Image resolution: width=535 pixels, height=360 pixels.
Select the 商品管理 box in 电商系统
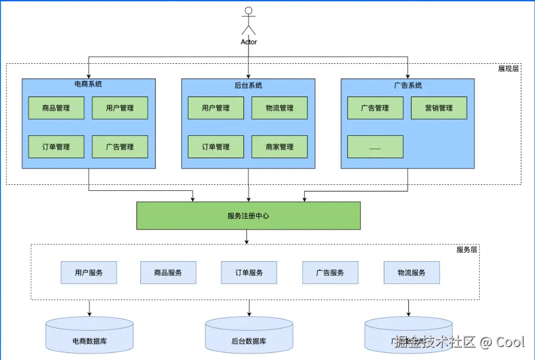(56, 108)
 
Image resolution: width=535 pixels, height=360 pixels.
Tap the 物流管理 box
(280, 108)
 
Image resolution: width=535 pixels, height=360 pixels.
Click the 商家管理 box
(280, 147)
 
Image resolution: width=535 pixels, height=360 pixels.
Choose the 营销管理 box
(439, 108)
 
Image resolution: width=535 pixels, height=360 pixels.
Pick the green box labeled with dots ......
(375, 147)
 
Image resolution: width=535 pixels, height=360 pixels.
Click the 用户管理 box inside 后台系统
(216, 108)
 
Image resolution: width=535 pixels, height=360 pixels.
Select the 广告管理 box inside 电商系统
(120, 147)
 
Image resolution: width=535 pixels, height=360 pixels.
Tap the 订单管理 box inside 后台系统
(216, 147)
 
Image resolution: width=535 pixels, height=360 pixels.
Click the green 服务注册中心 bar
(248, 215)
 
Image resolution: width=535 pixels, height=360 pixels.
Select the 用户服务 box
(89, 273)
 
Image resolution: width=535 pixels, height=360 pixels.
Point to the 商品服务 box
(168, 273)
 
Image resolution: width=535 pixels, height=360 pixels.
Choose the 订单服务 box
(249, 273)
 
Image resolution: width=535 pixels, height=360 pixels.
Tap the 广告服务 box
(330, 273)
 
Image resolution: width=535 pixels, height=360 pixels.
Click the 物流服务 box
(412, 273)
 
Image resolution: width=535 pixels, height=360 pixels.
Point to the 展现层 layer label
(508, 69)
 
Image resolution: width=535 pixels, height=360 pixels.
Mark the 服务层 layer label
(467, 250)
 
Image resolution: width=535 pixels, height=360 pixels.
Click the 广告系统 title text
(408, 85)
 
